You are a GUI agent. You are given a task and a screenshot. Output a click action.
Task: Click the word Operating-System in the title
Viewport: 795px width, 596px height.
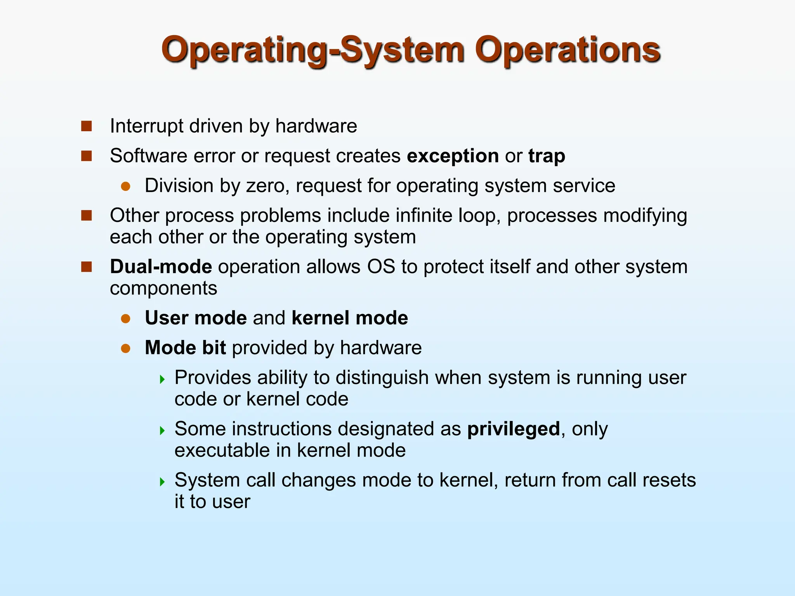point(312,50)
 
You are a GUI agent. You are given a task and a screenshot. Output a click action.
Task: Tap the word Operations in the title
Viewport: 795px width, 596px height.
point(567,50)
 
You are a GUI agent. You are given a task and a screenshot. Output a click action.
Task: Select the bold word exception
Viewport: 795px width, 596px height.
point(453,156)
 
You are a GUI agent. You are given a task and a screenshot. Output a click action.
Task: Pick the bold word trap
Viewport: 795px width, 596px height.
point(547,156)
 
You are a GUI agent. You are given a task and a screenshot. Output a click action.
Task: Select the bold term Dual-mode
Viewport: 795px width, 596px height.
point(161,267)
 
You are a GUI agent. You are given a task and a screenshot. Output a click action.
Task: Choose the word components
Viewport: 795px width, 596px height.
point(163,288)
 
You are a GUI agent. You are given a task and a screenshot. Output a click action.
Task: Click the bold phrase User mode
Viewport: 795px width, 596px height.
point(196,318)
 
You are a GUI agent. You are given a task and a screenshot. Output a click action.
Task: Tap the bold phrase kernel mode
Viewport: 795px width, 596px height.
point(350,318)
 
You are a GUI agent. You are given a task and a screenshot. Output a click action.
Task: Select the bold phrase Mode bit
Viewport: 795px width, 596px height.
point(185,348)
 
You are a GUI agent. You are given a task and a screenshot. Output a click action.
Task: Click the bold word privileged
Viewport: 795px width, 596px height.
point(514,429)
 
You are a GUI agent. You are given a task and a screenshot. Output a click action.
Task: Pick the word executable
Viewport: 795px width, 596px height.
point(222,450)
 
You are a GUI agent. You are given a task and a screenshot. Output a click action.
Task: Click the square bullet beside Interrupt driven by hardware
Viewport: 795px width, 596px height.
point(86,126)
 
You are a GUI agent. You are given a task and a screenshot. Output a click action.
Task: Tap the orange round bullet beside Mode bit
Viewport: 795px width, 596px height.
point(125,348)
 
